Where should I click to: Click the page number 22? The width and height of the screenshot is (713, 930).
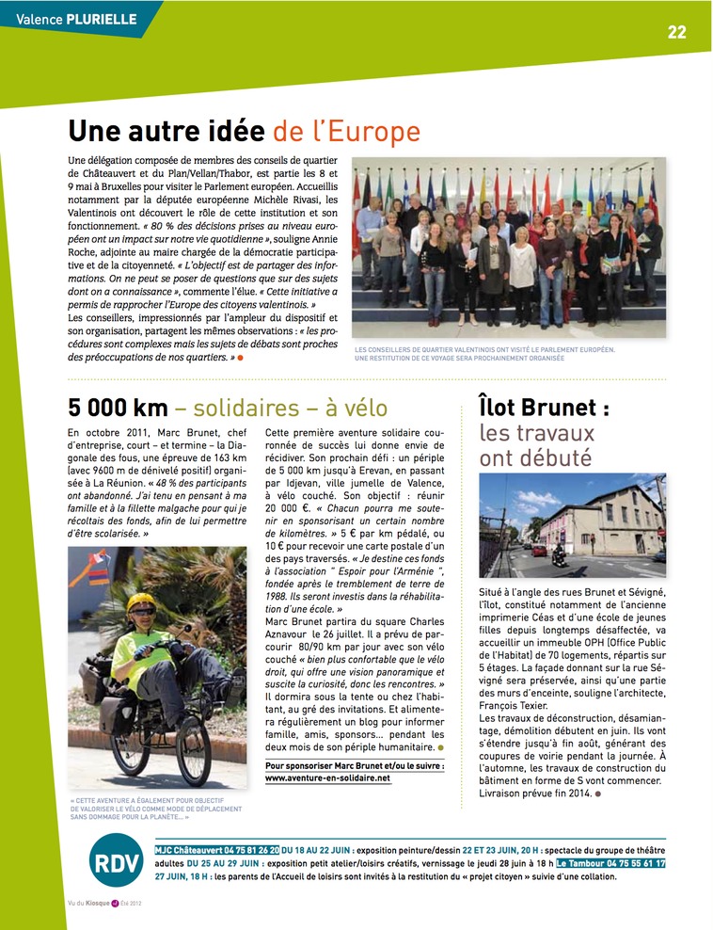point(677,32)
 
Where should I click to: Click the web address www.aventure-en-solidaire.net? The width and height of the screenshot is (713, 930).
point(327,778)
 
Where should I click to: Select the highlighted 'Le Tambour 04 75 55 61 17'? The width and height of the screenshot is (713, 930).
point(610,863)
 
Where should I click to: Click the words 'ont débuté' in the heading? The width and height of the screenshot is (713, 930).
point(535,458)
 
